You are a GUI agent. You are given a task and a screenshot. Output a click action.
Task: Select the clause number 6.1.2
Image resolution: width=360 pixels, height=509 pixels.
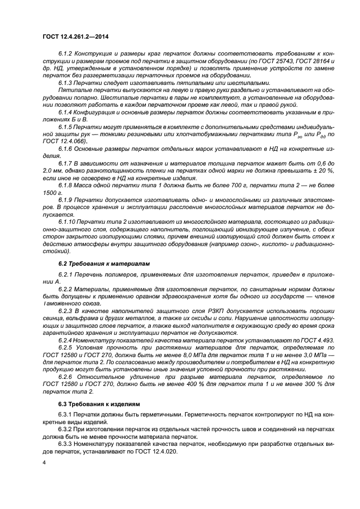(66, 54)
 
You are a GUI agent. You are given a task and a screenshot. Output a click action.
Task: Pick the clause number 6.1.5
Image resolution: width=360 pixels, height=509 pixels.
(66, 126)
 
